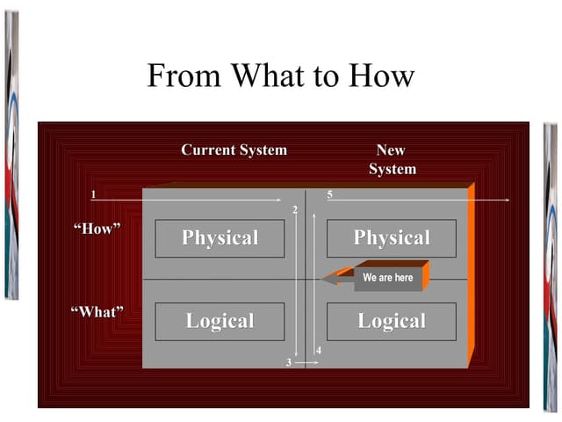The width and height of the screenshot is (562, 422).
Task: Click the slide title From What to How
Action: tap(280, 76)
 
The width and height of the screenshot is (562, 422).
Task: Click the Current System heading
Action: tap(234, 150)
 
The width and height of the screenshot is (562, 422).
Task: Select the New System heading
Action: tap(392, 159)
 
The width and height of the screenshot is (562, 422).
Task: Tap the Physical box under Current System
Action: tap(220, 238)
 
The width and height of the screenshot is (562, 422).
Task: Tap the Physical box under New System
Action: tap(392, 238)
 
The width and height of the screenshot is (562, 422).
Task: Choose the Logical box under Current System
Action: tap(220, 321)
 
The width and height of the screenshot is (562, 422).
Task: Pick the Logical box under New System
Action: tap(392, 321)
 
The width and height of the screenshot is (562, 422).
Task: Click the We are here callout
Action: tap(387, 278)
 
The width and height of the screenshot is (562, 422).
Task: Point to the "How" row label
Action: tap(96, 229)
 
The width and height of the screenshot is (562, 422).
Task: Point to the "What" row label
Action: tap(96, 311)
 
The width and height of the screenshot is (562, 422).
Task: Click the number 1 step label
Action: tap(93, 193)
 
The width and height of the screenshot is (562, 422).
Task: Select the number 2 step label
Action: tap(294, 209)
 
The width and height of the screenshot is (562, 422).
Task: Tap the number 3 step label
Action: tap(288, 362)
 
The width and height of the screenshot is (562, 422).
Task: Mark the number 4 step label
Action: tap(319, 352)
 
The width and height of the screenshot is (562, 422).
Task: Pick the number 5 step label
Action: tap(329, 193)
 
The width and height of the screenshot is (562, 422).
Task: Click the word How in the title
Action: tap(378, 76)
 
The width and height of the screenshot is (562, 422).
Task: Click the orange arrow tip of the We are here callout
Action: tap(328, 280)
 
